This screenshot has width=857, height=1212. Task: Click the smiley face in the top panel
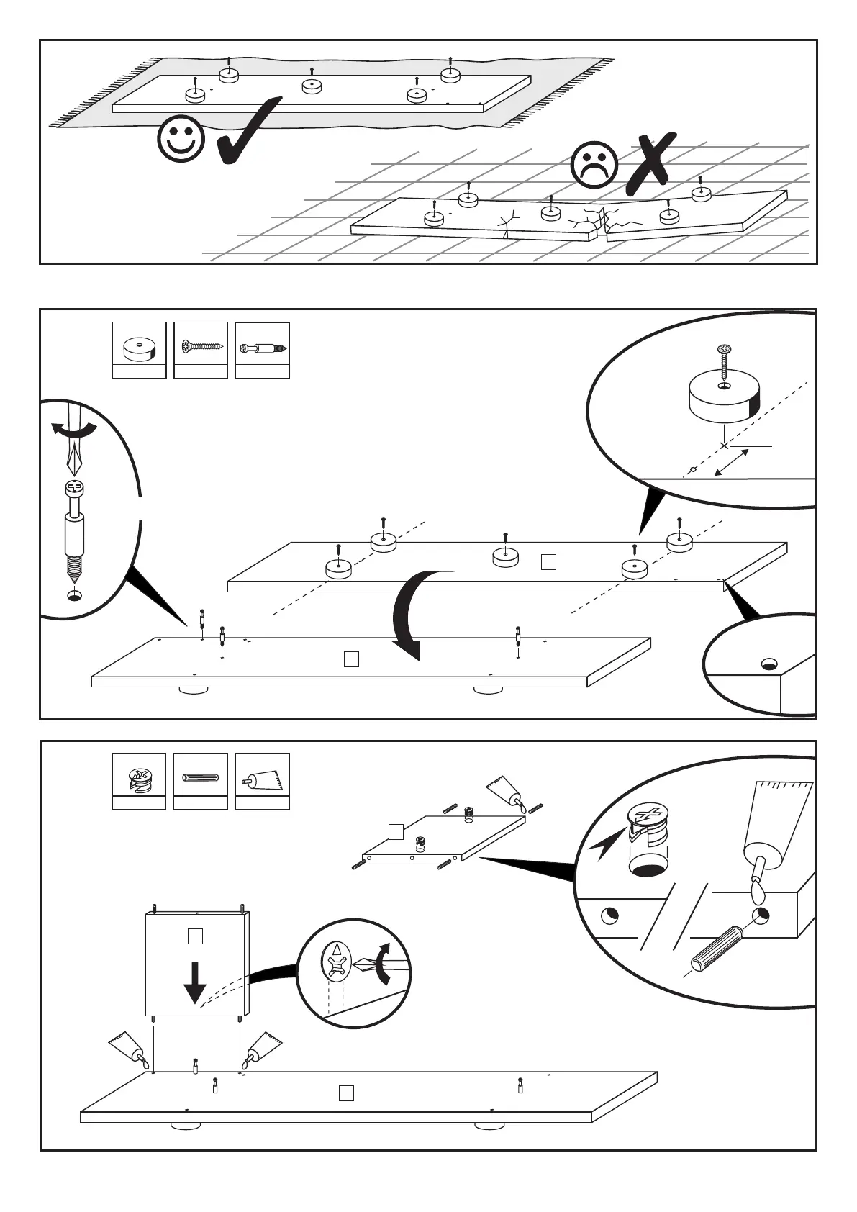181,138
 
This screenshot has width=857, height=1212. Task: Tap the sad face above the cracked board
594,165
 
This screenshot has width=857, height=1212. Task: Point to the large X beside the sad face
650,163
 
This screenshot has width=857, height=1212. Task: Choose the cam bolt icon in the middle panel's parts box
263,349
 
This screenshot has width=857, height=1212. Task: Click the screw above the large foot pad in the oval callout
723,359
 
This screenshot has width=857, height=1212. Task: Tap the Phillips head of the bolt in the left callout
74,489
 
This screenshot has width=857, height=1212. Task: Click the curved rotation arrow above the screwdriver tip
75,430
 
